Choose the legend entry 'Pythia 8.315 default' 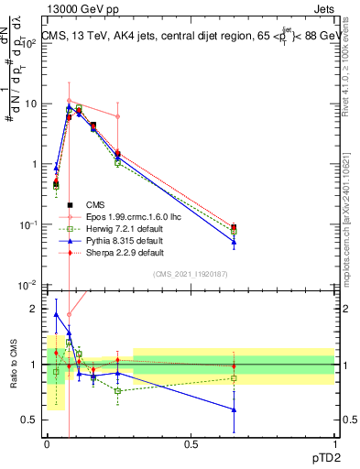113,240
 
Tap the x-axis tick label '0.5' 191,444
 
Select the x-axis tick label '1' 334,444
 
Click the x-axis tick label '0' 48,444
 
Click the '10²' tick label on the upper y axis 29,43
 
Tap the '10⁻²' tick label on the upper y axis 29,286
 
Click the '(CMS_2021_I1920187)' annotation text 191,274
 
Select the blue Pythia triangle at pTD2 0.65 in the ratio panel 234,409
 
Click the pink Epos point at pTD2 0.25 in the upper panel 118,116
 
